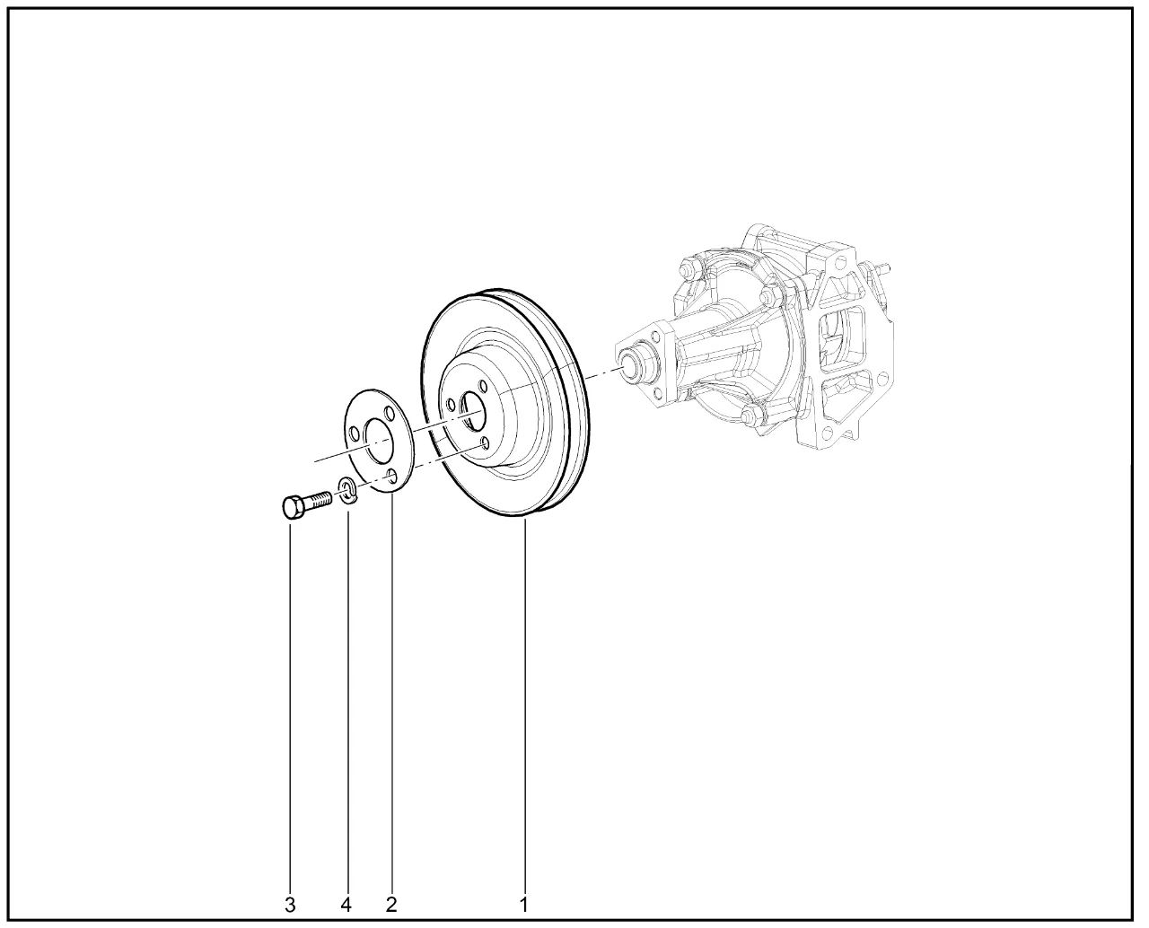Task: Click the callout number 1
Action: (523, 905)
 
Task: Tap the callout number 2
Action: (391, 905)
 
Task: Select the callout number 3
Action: (290, 905)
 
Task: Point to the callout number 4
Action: (346, 905)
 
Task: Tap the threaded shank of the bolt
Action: (319, 500)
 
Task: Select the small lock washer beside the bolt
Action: (346, 490)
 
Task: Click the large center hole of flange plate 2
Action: (380, 440)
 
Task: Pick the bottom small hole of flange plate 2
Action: (392, 477)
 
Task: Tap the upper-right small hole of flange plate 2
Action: (389, 414)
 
